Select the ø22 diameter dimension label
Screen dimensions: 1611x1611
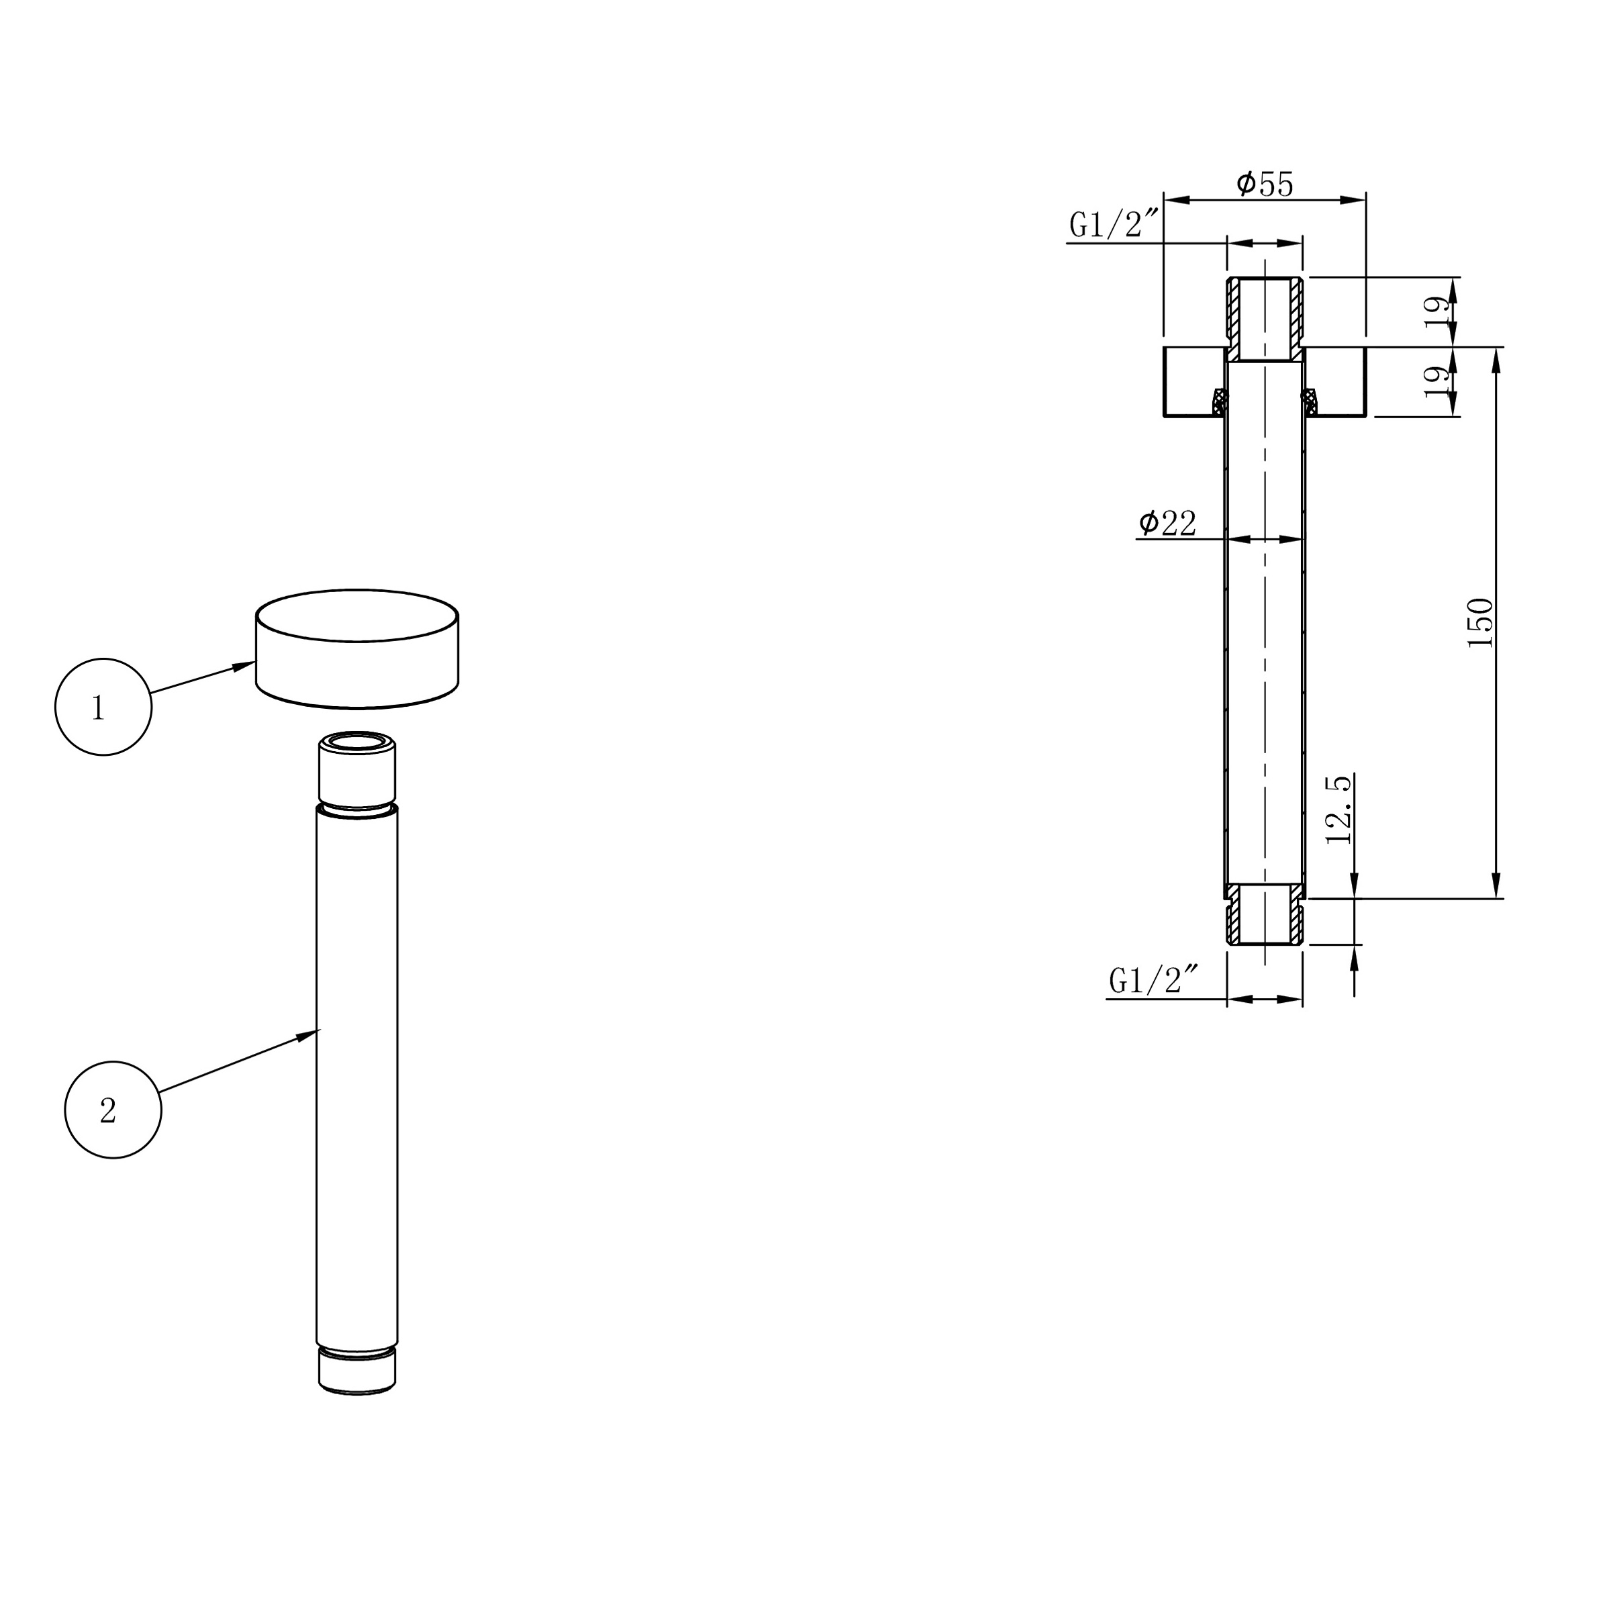click(1168, 524)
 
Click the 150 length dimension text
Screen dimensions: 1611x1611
click(1480, 623)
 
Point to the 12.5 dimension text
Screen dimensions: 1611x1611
click(1338, 809)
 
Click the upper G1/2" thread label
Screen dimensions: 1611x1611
click(1113, 224)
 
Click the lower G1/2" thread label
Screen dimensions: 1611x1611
click(1153, 980)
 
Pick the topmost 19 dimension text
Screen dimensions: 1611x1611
click(1436, 311)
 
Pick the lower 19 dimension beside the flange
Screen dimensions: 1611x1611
click(1436, 382)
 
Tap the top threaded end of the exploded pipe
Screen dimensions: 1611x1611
click(357, 767)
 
